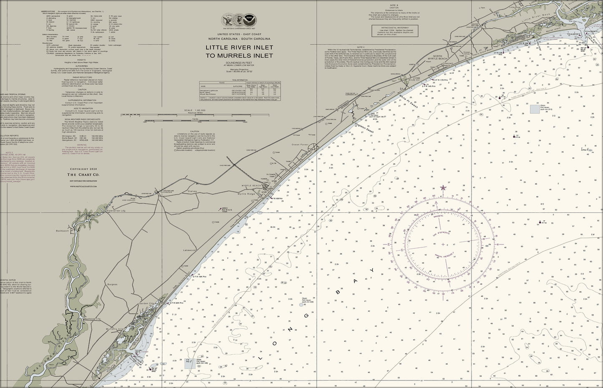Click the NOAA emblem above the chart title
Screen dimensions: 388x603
(x=249, y=19)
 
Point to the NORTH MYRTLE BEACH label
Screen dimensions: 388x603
(x=437, y=58)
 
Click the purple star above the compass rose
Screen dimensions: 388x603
(x=443, y=189)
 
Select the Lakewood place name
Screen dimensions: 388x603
(x=189, y=250)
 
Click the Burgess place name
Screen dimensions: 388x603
(x=112, y=284)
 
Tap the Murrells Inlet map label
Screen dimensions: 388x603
(x=115, y=329)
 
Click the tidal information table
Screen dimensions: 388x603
(x=239, y=89)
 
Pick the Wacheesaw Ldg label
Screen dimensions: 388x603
(x=92, y=319)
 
